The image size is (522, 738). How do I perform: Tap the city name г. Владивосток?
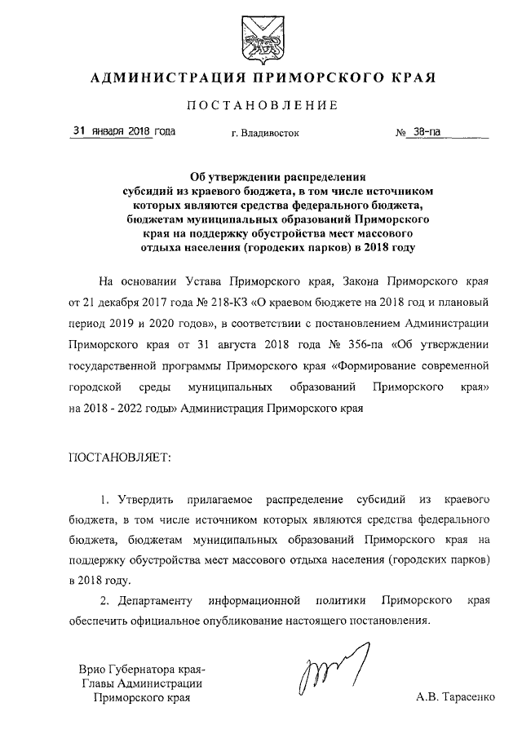[266, 132]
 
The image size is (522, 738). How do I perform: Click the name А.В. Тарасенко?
[454, 698]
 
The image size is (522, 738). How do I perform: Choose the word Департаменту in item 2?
[153, 602]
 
